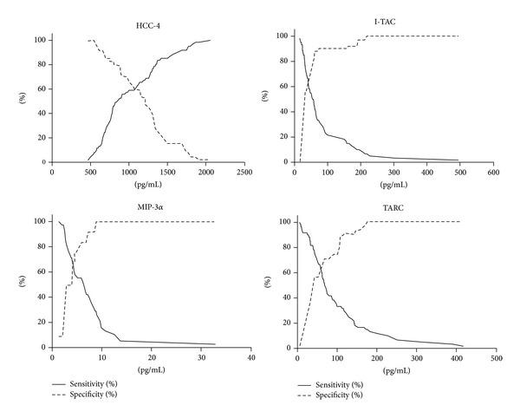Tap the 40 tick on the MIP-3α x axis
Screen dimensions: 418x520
[x=250, y=357]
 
